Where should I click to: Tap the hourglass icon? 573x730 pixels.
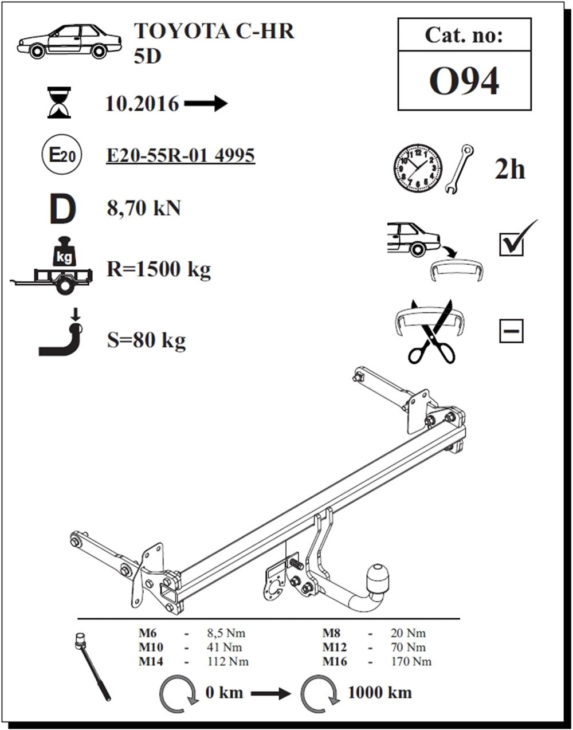[x=59, y=103]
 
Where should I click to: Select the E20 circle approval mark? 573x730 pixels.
[x=62, y=154]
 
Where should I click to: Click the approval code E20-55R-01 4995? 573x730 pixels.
[x=180, y=155]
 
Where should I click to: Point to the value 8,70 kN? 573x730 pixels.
[x=144, y=208]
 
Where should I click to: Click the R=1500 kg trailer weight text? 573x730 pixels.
[x=159, y=269]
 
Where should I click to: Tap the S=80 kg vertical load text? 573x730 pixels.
[x=146, y=341]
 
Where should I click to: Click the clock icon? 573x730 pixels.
[x=418, y=168]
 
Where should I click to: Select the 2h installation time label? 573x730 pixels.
[x=509, y=170]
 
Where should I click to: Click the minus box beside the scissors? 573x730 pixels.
[x=511, y=331]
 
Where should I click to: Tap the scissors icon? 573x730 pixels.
[x=431, y=332]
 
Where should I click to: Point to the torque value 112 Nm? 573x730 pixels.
[x=228, y=661]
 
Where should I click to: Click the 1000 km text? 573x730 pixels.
[x=379, y=692]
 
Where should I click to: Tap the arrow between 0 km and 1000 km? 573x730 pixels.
[x=270, y=693]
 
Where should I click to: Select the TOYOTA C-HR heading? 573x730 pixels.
[x=214, y=32]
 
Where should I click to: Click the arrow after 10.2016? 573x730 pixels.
[x=206, y=103]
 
